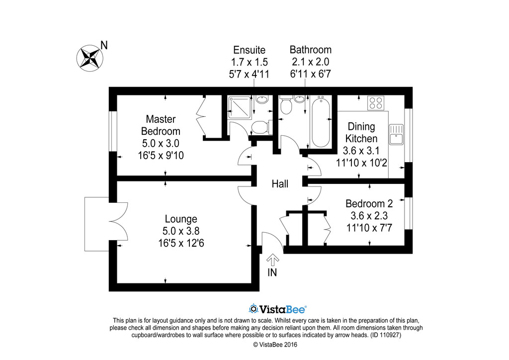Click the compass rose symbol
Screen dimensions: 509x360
(90, 59)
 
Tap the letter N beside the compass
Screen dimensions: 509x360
(104, 45)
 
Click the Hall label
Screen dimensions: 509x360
(280, 184)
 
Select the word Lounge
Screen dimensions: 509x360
(181, 219)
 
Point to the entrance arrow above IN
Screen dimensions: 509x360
(273, 260)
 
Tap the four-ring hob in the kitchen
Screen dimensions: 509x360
(376, 102)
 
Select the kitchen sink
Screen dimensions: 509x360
(396, 134)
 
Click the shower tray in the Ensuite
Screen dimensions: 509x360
(241, 107)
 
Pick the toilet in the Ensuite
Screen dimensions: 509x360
(261, 127)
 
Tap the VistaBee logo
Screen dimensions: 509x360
(277, 309)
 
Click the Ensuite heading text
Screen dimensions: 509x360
(250, 50)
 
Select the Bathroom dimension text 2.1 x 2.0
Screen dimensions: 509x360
(311, 62)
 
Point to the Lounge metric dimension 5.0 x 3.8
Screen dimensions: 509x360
(181, 231)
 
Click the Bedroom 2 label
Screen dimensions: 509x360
(369, 203)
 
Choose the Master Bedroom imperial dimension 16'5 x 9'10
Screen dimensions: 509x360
(161, 156)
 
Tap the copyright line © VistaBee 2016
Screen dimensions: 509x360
(275, 345)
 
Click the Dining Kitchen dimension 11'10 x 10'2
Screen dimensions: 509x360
(361, 163)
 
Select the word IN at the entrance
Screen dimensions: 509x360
(272, 272)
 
